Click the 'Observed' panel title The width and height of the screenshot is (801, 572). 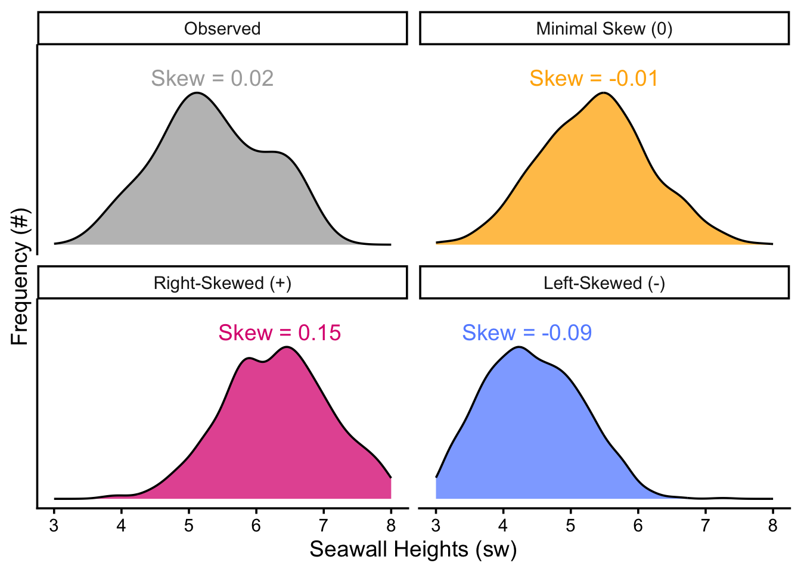[x=222, y=29]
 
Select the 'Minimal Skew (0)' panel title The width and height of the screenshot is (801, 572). [x=604, y=29]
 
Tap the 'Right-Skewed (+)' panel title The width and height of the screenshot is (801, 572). [x=222, y=283]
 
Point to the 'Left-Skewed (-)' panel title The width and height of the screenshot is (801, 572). [x=604, y=283]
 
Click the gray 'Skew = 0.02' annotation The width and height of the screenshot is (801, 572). [x=212, y=78]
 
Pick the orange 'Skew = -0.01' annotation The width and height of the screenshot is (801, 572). [x=594, y=78]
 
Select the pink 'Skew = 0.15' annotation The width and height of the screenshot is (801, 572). [x=280, y=333]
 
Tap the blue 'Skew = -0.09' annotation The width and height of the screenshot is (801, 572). [x=527, y=333]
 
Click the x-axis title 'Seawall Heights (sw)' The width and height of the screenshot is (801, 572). [x=413, y=549]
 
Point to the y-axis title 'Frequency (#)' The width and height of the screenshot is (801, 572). [x=20, y=276]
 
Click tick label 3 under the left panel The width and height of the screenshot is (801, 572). [x=54, y=526]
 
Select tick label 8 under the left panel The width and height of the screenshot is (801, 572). [x=391, y=526]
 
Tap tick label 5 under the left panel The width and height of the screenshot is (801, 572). [x=189, y=526]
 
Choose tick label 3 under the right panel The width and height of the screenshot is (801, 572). [x=436, y=526]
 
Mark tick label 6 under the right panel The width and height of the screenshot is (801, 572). [x=638, y=526]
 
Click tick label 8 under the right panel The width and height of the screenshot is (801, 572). [x=773, y=526]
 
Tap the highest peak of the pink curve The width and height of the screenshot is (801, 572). [x=287, y=347]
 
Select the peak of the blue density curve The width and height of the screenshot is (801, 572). [x=519, y=347]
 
